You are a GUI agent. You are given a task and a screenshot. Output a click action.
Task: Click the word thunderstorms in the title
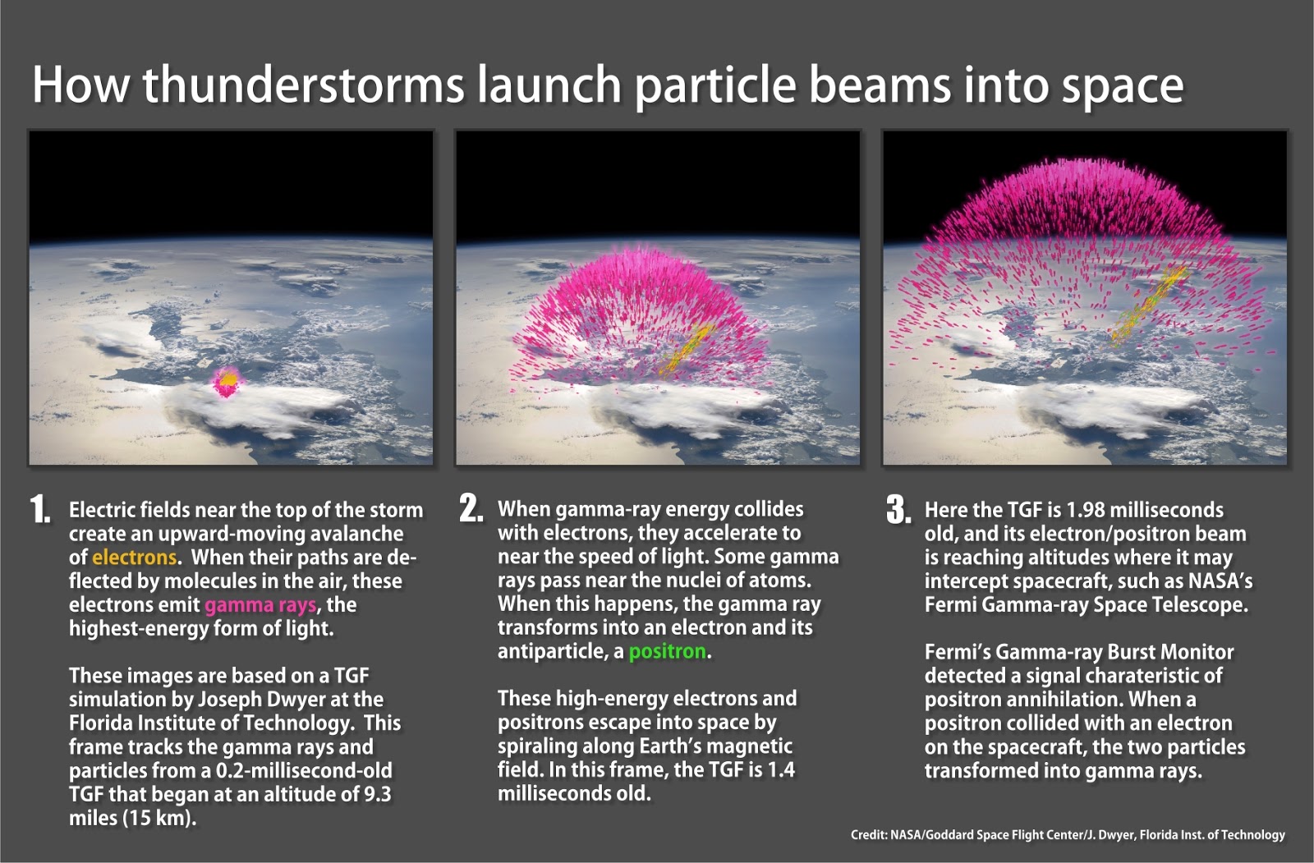click(x=303, y=85)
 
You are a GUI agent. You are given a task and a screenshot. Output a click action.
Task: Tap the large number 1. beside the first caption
click(x=40, y=509)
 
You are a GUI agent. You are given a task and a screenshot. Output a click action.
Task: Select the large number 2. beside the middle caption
click(x=471, y=508)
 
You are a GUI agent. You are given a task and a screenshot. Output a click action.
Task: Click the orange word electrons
click(x=135, y=558)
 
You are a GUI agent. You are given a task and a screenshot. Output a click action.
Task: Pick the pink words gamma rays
click(x=260, y=605)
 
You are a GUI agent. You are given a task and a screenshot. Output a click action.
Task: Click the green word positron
click(x=667, y=652)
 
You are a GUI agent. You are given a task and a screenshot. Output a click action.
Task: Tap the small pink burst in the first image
click(x=227, y=381)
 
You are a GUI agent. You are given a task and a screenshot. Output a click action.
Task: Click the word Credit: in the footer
click(x=869, y=835)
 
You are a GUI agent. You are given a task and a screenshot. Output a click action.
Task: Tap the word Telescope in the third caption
click(x=1198, y=605)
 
